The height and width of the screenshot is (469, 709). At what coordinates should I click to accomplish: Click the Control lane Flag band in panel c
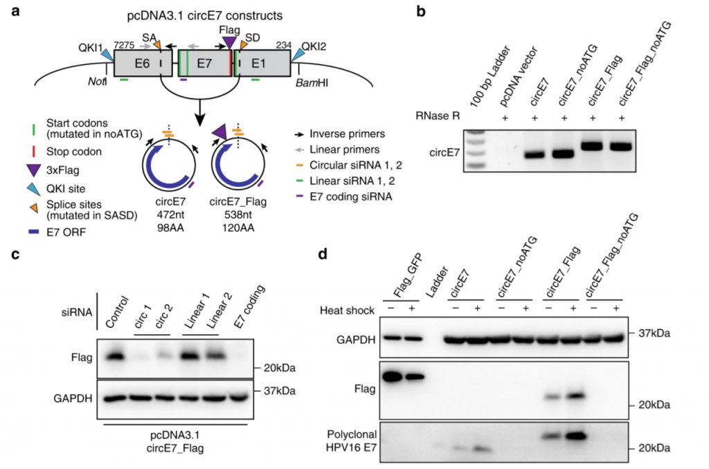pos(114,356)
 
